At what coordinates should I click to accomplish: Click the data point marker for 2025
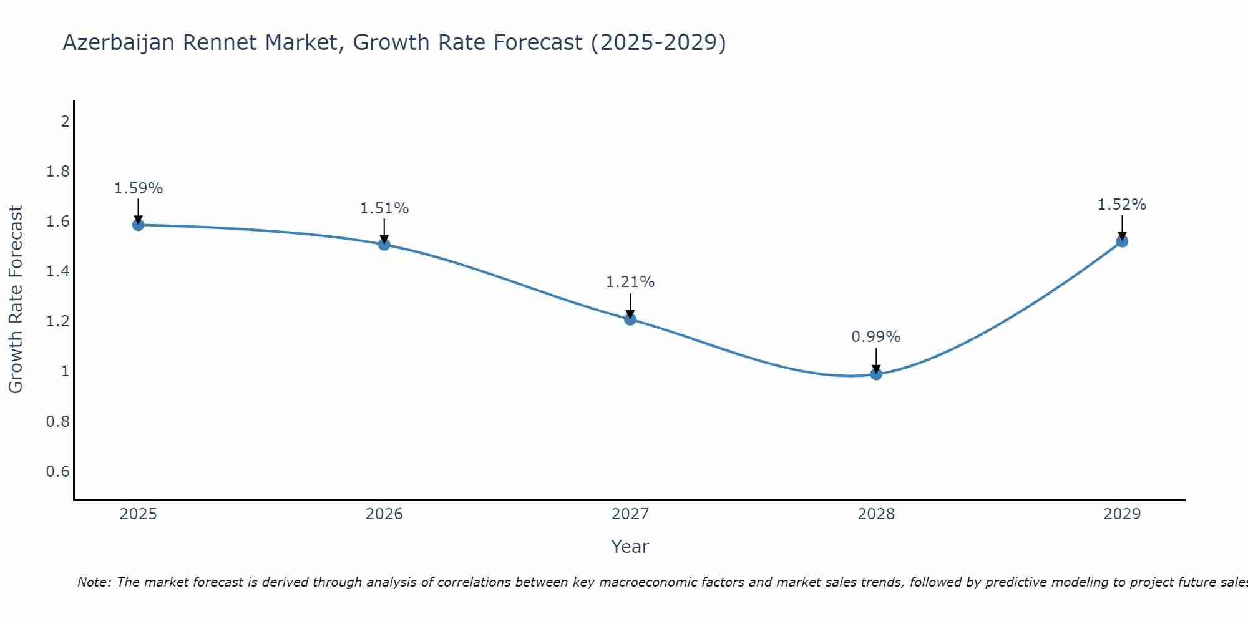pyautogui.click(x=139, y=225)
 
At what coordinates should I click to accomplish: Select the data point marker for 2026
pyautogui.click(x=384, y=245)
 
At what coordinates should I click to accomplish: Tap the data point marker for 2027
pyautogui.click(x=630, y=319)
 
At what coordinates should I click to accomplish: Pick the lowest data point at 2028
pyautogui.click(x=876, y=374)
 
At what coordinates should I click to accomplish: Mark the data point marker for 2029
pyautogui.click(x=1122, y=241)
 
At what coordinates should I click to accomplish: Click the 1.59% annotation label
pyautogui.click(x=139, y=188)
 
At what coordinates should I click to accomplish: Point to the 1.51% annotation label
pyautogui.click(x=384, y=208)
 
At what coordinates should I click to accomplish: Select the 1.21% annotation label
pyautogui.click(x=630, y=282)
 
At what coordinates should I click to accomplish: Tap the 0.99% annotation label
pyautogui.click(x=876, y=337)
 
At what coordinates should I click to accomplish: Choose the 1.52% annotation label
pyautogui.click(x=1122, y=205)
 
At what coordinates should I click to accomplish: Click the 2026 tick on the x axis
pyautogui.click(x=384, y=514)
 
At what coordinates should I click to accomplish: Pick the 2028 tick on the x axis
pyautogui.click(x=876, y=514)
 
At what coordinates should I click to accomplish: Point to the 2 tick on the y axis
pyautogui.click(x=65, y=121)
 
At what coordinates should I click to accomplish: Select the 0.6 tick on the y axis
pyautogui.click(x=58, y=471)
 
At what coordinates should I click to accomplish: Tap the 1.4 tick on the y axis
pyautogui.click(x=58, y=271)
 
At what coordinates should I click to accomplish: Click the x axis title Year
pyautogui.click(x=630, y=547)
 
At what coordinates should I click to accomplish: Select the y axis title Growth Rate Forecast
pyautogui.click(x=16, y=300)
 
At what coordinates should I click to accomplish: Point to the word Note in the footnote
pyautogui.click(x=94, y=582)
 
